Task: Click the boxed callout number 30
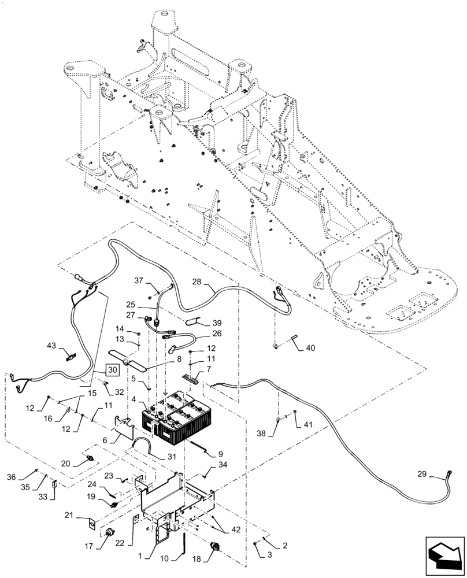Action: click(x=112, y=369)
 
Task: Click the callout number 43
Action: click(x=52, y=346)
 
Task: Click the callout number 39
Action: click(x=217, y=323)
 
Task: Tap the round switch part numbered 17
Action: click(x=108, y=533)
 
